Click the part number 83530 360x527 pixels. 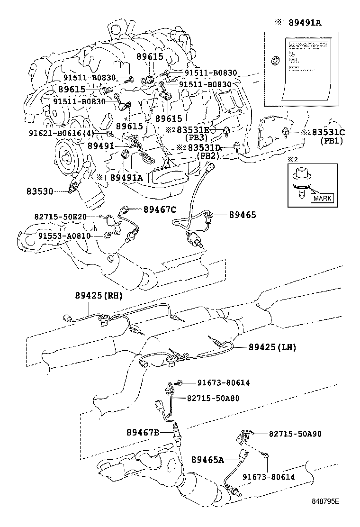click(x=40, y=191)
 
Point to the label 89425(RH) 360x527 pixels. click(x=98, y=295)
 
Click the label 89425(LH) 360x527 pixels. click(x=272, y=347)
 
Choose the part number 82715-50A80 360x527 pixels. click(x=216, y=398)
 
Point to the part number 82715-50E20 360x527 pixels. click(x=60, y=217)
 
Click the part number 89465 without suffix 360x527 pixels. click(x=242, y=215)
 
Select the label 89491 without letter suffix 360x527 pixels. click(x=100, y=146)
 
